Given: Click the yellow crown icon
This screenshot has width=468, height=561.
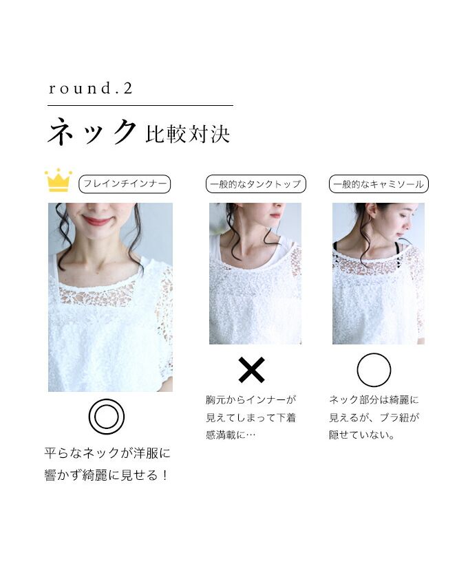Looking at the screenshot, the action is pyautogui.click(x=58, y=180).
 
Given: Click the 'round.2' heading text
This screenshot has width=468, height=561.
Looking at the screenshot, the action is pyautogui.click(x=91, y=89).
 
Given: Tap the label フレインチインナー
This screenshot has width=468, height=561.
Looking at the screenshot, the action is pyautogui.click(x=125, y=184).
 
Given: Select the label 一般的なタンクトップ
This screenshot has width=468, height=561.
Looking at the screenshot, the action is pyautogui.click(x=255, y=184).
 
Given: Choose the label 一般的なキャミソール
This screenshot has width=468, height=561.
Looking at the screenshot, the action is pyautogui.click(x=379, y=184).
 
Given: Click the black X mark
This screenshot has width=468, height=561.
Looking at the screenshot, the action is pyautogui.click(x=252, y=370).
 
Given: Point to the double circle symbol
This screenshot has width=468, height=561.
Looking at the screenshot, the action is pyautogui.click(x=107, y=417).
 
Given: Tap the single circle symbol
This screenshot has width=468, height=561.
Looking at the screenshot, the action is pyautogui.click(x=374, y=370).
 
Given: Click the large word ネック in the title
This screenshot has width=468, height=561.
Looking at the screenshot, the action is pyautogui.click(x=92, y=132).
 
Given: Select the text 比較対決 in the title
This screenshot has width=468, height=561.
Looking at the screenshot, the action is pyautogui.click(x=187, y=134).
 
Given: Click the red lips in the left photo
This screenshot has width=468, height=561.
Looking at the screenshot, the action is pyautogui.click(x=97, y=221).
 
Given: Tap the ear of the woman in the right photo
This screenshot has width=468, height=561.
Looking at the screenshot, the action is pyautogui.click(x=372, y=212).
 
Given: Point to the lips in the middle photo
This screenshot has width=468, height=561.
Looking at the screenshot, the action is pyautogui.click(x=276, y=215).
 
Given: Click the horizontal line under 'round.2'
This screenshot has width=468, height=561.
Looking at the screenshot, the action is pyautogui.click(x=140, y=106).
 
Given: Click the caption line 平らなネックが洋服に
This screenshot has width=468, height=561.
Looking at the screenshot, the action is pyautogui.click(x=107, y=453).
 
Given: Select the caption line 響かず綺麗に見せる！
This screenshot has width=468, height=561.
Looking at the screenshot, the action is pyautogui.click(x=106, y=475).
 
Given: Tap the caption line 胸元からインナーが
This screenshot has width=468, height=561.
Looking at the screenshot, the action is pyautogui.click(x=251, y=399).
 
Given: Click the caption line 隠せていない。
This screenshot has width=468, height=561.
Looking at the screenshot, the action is pyautogui.click(x=362, y=434).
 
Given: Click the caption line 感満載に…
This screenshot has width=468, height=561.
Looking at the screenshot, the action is pyautogui.click(x=231, y=434).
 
